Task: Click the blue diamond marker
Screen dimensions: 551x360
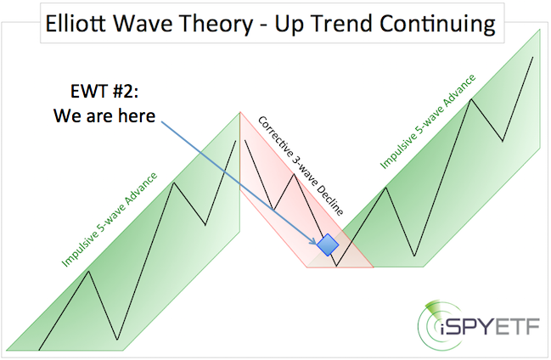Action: pyautogui.click(x=328, y=245)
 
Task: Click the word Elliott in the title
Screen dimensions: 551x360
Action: pyautogui.click(x=76, y=24)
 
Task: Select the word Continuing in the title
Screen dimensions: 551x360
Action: pyautogui.click(x=437, y=25)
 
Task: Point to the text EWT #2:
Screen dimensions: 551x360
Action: pyautogui.click(x=104, y=92)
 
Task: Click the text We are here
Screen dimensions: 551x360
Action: pyautogui.click(x=104, y=115)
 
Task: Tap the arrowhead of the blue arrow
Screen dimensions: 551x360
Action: pyautogui.click(x=312, y=241)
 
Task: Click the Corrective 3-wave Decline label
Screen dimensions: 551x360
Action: pyautogui.click(x=301, y=166)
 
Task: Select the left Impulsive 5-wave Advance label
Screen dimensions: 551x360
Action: pyautogui.click(x=110, y=220)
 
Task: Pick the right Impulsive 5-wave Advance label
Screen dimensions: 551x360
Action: pyautogui.click(x=428, y=121)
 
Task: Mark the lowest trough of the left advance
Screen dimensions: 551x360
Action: pyautogui.click(x=117, y=340)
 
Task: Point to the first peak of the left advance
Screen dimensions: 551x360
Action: pyautogui.click(x=89, y=271)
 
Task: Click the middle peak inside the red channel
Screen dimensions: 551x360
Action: pyautogui.click(x=294, y=175)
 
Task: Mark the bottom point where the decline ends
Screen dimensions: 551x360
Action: pyautogui.click(x=336, y=266)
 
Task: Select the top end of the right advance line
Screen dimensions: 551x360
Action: pyautogui.click(x=533, y=57)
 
